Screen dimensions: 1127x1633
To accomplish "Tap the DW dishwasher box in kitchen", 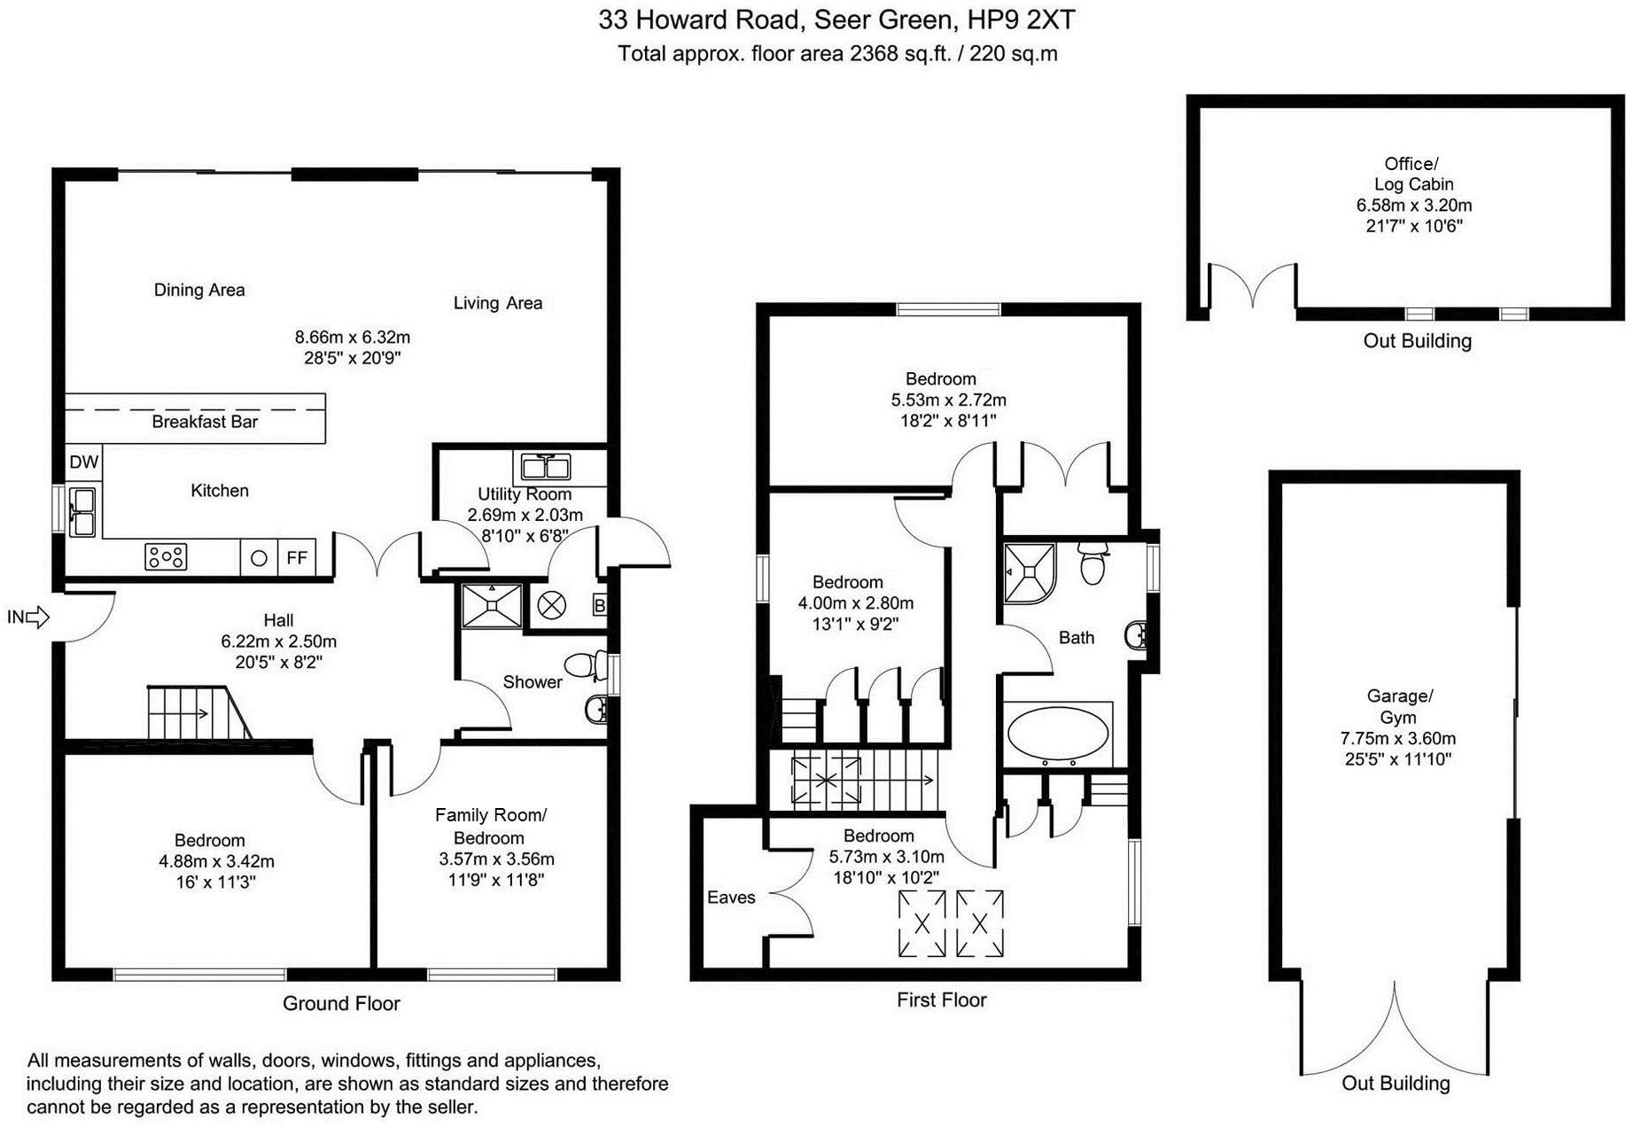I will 83,462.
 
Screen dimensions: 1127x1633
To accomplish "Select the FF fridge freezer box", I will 297,558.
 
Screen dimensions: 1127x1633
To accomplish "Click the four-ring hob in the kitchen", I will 166,557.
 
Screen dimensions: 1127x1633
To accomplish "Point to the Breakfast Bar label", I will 205,422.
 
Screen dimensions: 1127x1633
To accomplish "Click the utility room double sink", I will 546,465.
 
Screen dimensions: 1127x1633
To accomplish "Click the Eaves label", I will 731,898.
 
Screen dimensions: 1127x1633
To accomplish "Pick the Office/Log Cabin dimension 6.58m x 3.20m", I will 1413,205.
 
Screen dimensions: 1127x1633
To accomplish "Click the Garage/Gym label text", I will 1398,706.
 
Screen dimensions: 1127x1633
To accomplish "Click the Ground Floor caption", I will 341,1003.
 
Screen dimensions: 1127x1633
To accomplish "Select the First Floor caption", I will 941,999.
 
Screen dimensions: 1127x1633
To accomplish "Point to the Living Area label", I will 497,303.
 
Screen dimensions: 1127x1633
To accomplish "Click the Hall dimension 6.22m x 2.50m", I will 278,641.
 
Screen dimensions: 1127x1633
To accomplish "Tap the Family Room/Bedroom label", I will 490,826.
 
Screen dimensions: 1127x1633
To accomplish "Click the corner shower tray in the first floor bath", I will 1029,572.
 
